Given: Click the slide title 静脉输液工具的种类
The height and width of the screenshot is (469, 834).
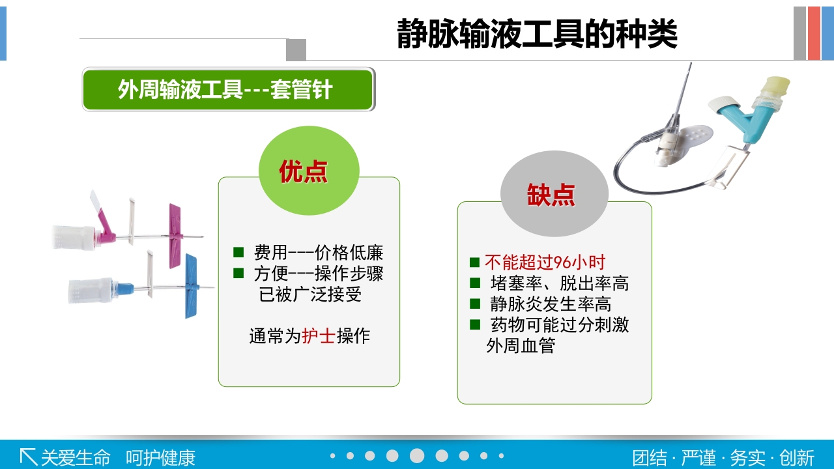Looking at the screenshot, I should click(x=537, y=35).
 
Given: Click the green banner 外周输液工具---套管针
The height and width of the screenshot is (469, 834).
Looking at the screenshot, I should click(x=228, y=90).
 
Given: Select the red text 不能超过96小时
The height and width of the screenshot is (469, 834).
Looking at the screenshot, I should click(x=545, y=263).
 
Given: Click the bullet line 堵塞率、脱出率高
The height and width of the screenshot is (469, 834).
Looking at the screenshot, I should click(x=559, y=283).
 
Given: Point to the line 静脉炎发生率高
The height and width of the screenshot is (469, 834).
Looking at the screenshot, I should click(x=551, y=304).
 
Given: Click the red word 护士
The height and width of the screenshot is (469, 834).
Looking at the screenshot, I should click(x=319, y=336).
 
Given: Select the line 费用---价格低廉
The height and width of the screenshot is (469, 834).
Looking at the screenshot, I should click(x=318, y=253).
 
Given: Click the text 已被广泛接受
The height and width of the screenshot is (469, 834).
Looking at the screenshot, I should click(x=310, y=294).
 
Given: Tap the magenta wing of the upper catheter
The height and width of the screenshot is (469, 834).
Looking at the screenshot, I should click(x=174, y=235).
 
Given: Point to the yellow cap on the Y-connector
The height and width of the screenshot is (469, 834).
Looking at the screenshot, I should click(x=777, y=85).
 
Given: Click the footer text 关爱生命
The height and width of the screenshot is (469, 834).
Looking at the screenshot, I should click(x=76, y=457).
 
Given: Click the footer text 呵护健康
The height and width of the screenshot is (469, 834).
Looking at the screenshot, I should click(x=160, y=457).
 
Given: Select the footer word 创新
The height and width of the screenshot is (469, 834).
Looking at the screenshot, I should click(x=796, y=457).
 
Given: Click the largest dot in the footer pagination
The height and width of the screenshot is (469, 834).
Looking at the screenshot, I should click(x=417, y=456).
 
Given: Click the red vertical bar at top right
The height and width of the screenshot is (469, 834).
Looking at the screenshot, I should click(x=814, y=33).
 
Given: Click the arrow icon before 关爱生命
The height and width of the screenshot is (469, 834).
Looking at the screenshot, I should click(x=28, y=457).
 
